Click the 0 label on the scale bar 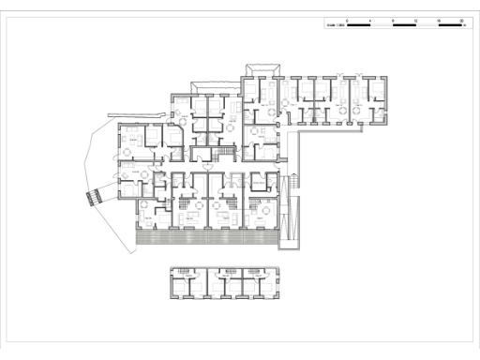point(348,19)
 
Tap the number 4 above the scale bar point(371,19)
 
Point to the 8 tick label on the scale point(394,19)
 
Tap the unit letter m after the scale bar point(466,24)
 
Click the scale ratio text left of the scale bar point(334,24)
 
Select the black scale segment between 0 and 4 point(359,24)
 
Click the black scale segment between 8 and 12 point(405,24)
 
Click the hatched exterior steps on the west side point(94,197)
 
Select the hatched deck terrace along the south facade point(206,237)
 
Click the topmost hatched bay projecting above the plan point(262,68)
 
